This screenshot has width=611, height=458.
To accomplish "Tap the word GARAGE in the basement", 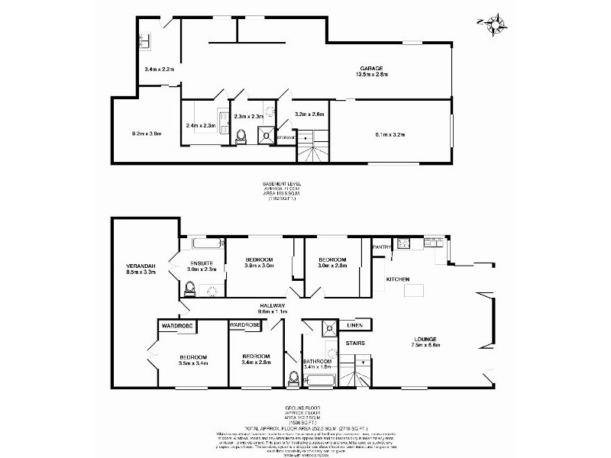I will [372, 67].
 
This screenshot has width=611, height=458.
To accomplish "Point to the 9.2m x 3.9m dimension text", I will [145, 133].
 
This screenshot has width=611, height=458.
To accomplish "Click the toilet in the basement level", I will [242, 136].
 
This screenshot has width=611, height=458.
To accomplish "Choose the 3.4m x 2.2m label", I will [159, 69].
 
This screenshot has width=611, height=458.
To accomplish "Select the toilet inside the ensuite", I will [189, 288].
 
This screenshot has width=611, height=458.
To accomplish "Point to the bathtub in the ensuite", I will [206, 245].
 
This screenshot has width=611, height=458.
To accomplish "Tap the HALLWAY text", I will [272, 305].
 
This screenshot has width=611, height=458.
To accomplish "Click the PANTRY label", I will [381, 247].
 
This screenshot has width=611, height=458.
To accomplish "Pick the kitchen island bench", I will [413, 289].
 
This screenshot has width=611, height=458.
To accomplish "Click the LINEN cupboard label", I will [354, 326].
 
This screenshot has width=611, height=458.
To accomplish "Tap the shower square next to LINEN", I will [329, 327].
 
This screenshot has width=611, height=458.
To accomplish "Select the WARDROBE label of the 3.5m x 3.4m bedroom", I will [175, 325].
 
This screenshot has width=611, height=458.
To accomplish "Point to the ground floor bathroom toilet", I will [294, 376].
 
